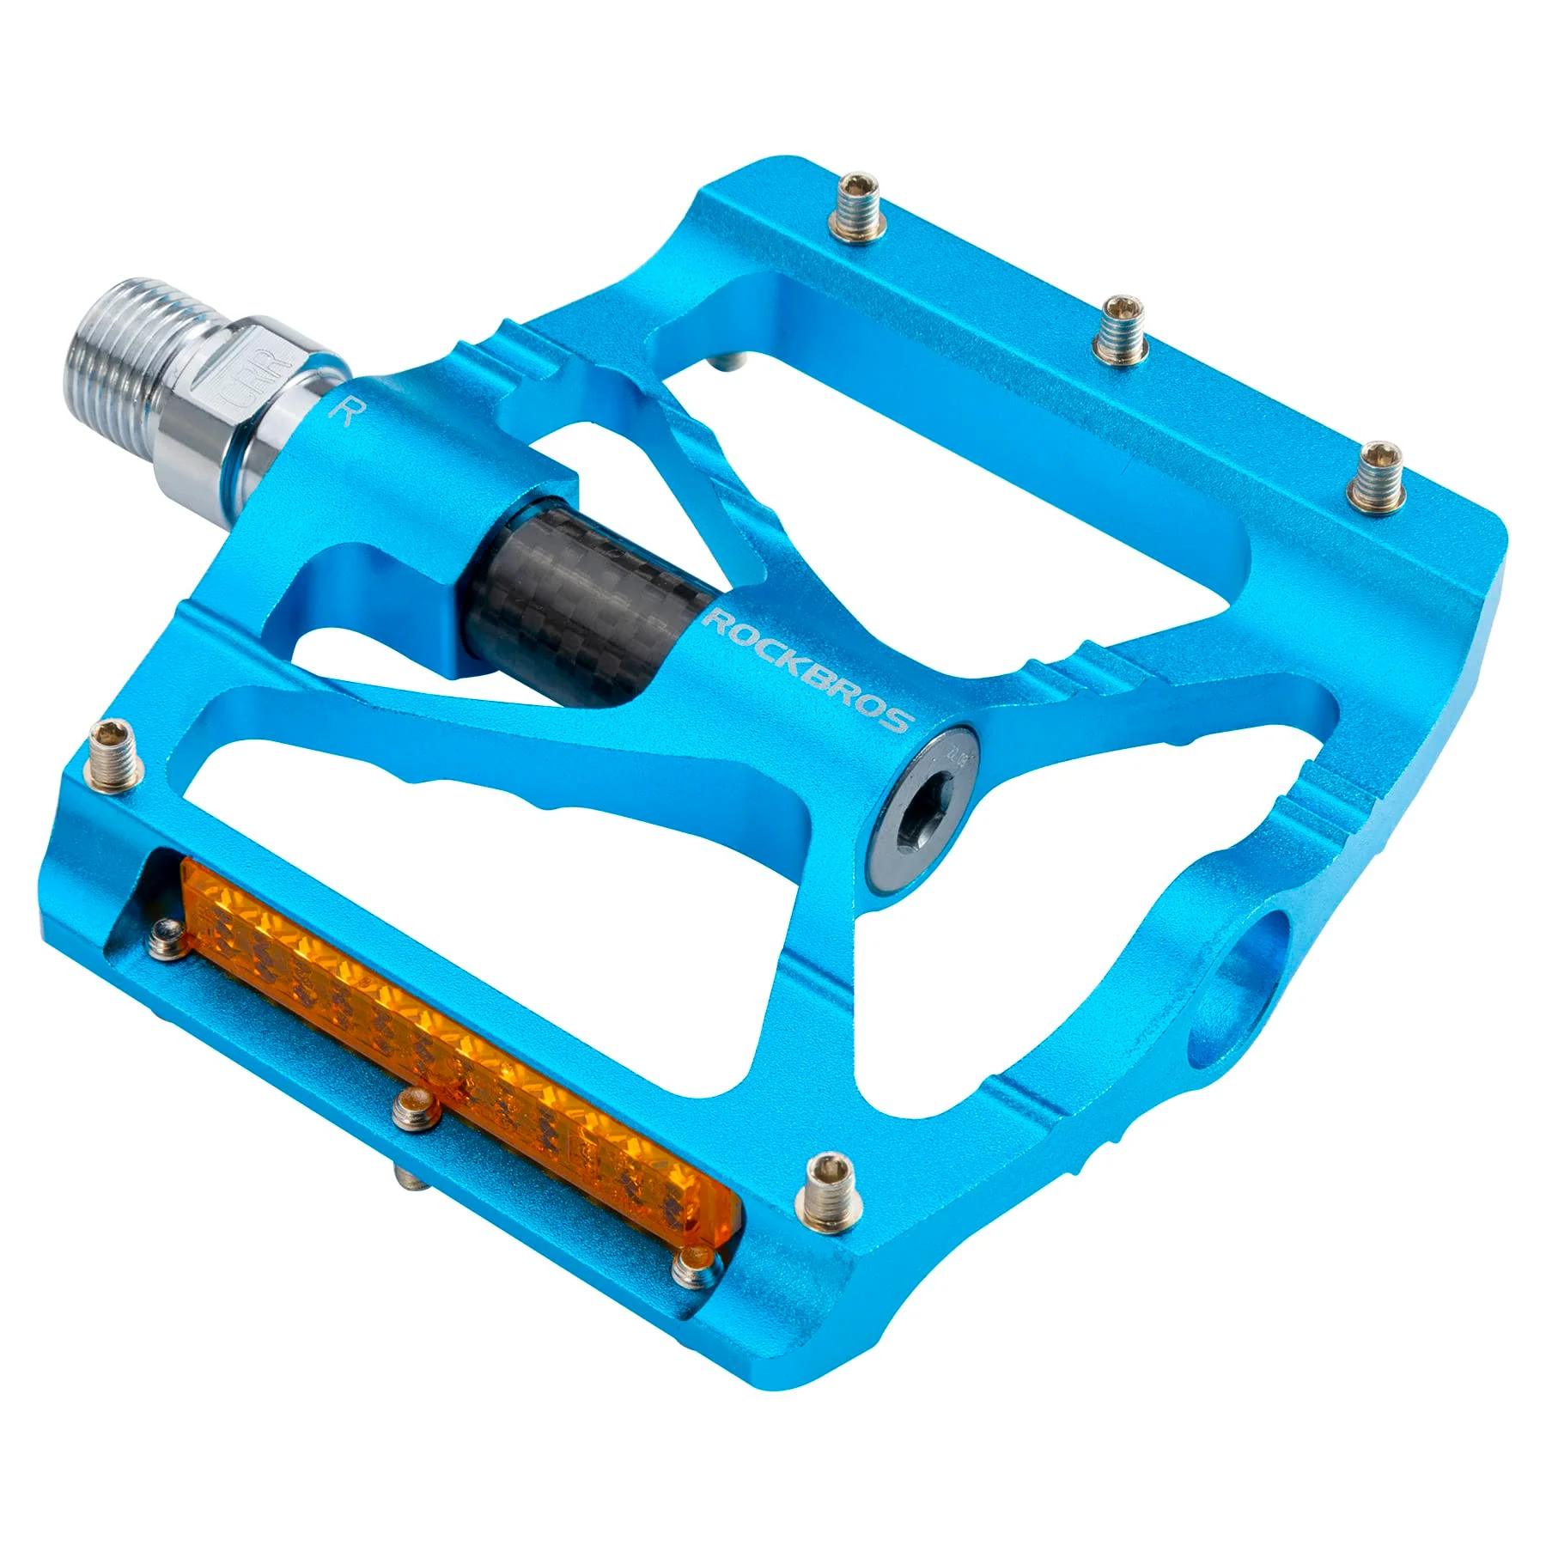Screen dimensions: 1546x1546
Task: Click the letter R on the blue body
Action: [x=344, y=411]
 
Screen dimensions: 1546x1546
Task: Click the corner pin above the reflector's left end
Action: [x=113, y=752]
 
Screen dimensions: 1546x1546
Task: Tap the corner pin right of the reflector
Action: [x=831, y=1190]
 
